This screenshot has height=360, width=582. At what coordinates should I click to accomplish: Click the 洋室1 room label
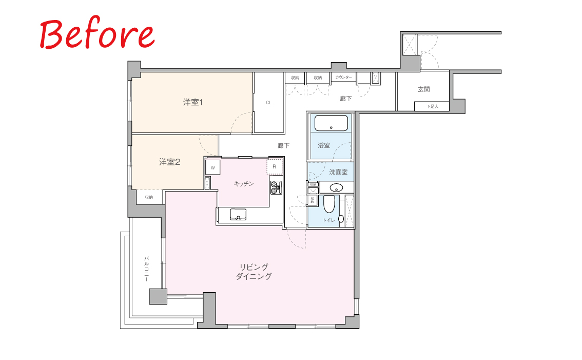193,102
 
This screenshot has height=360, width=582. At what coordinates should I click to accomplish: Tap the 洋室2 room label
170,162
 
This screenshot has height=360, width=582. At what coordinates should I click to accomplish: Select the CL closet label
268,103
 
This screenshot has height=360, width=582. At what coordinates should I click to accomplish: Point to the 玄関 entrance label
423,89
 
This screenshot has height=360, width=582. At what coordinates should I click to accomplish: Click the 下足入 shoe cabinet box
432,106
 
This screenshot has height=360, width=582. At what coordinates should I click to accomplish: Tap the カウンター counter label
343,77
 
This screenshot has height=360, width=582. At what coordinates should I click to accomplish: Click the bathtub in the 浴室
331,123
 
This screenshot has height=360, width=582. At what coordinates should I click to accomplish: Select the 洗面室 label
338,172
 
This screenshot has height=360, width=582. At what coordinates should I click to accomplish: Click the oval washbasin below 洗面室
336,187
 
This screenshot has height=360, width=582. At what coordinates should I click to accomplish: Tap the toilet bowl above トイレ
329,204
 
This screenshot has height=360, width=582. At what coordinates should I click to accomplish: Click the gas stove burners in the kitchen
276,187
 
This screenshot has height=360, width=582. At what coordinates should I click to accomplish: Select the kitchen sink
238,214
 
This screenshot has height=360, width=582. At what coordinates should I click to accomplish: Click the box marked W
212,167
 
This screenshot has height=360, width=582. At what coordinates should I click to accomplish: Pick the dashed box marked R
275,167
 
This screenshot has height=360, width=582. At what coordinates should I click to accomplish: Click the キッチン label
244,183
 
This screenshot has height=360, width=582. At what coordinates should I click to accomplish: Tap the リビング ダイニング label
254,272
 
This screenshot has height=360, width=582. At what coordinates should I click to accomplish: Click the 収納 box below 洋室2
149,197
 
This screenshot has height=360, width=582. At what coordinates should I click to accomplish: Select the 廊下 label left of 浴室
284,146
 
